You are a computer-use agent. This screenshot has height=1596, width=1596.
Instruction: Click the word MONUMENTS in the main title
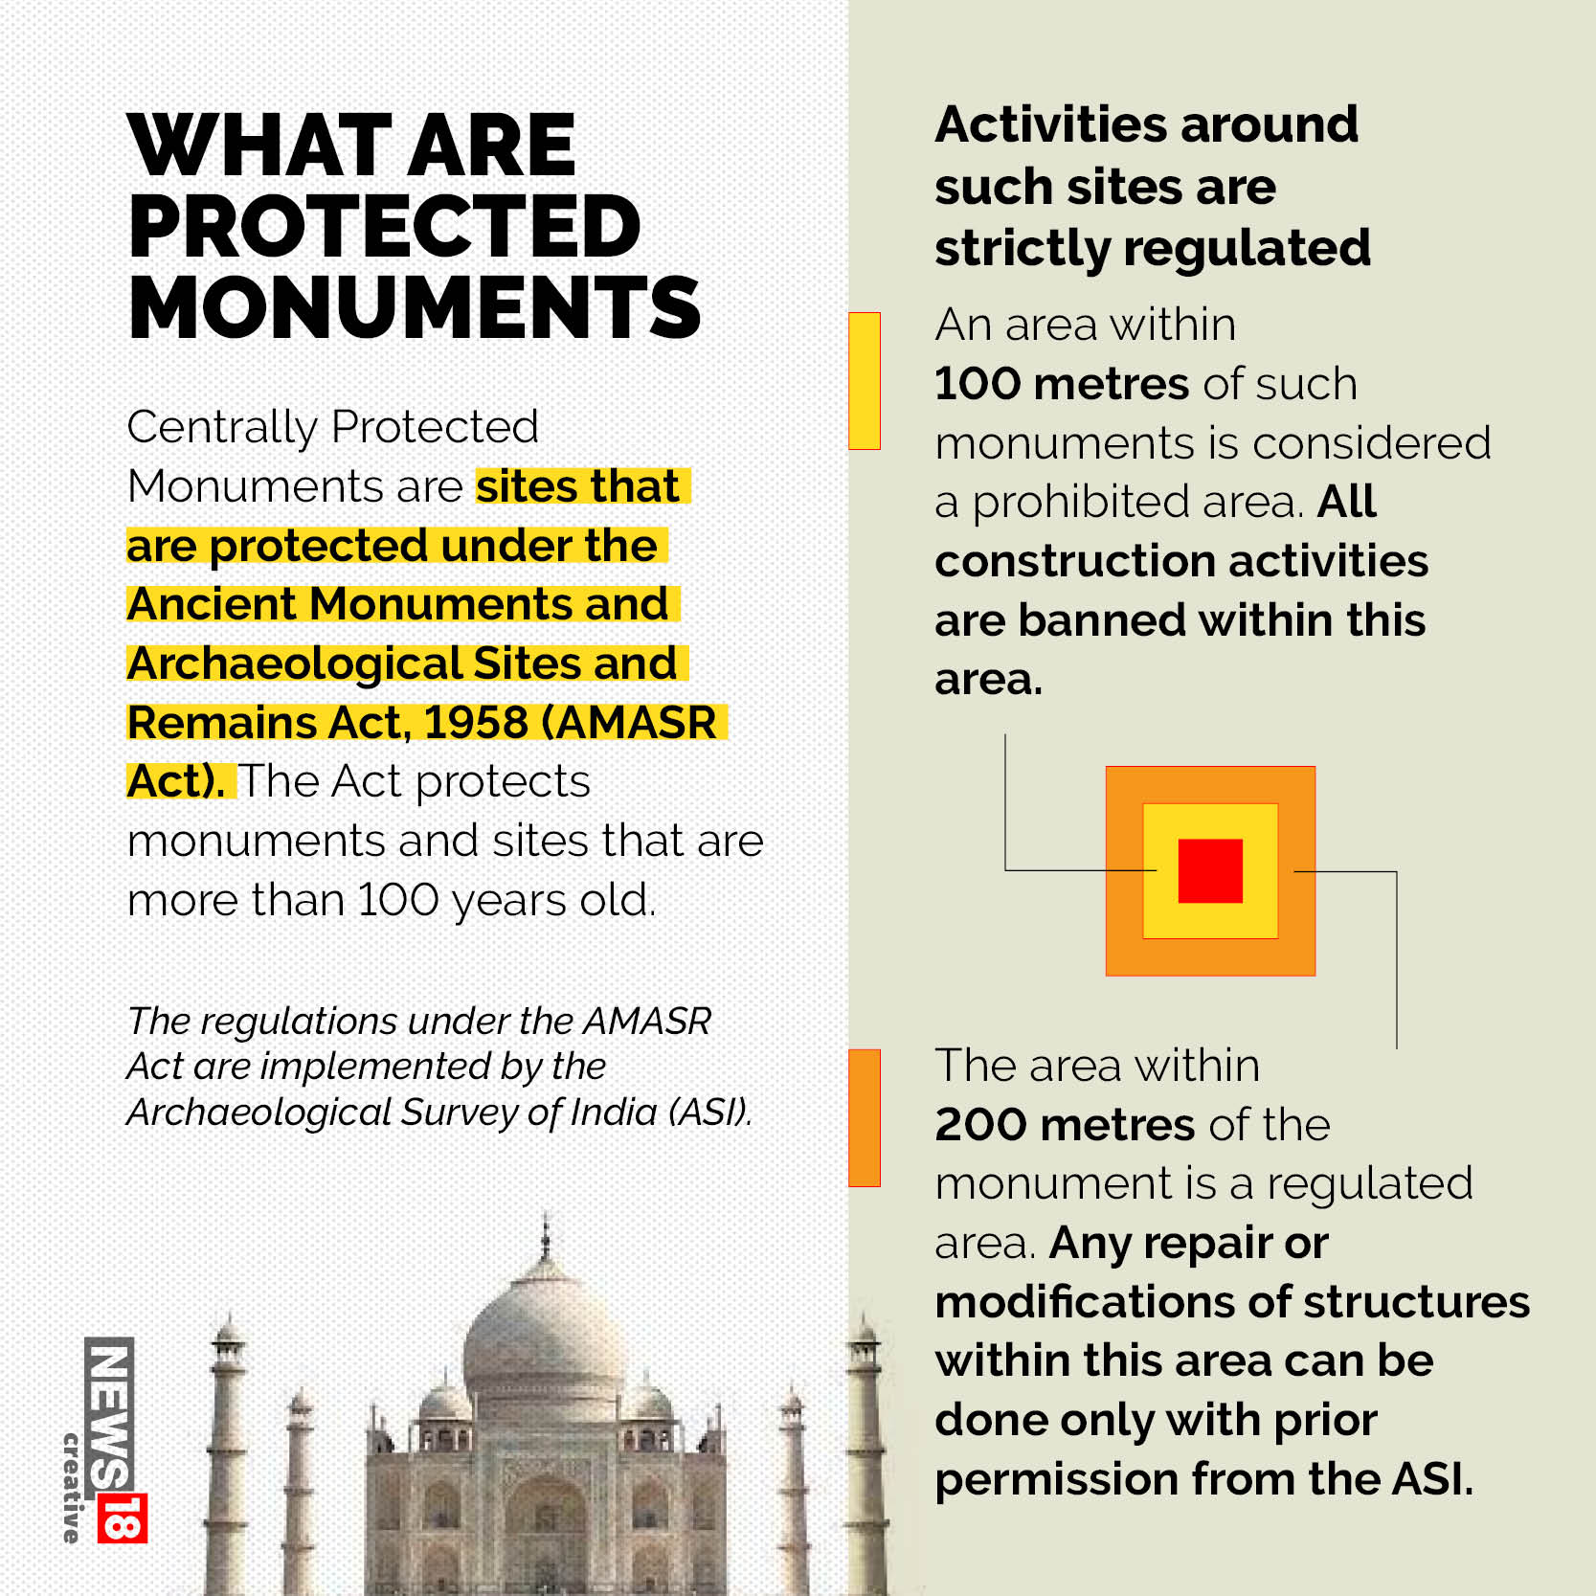click(414, 308)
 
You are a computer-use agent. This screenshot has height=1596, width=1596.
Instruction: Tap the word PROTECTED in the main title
click(384, 227)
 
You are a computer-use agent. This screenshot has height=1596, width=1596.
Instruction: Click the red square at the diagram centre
click(1210, 871)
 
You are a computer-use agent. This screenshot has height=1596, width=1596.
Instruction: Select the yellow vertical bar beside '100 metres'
click(865, 381)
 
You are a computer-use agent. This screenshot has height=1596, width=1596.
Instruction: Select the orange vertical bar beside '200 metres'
click(865, 1118)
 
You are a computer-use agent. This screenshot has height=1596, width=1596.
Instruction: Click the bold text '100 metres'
click(1061, 384)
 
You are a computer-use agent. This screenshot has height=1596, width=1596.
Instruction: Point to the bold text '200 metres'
click(1065, 1125)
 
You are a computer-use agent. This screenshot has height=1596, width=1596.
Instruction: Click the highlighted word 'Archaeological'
click(295, 663)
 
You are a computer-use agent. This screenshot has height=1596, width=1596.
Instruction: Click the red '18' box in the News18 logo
click(123, 1517)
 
